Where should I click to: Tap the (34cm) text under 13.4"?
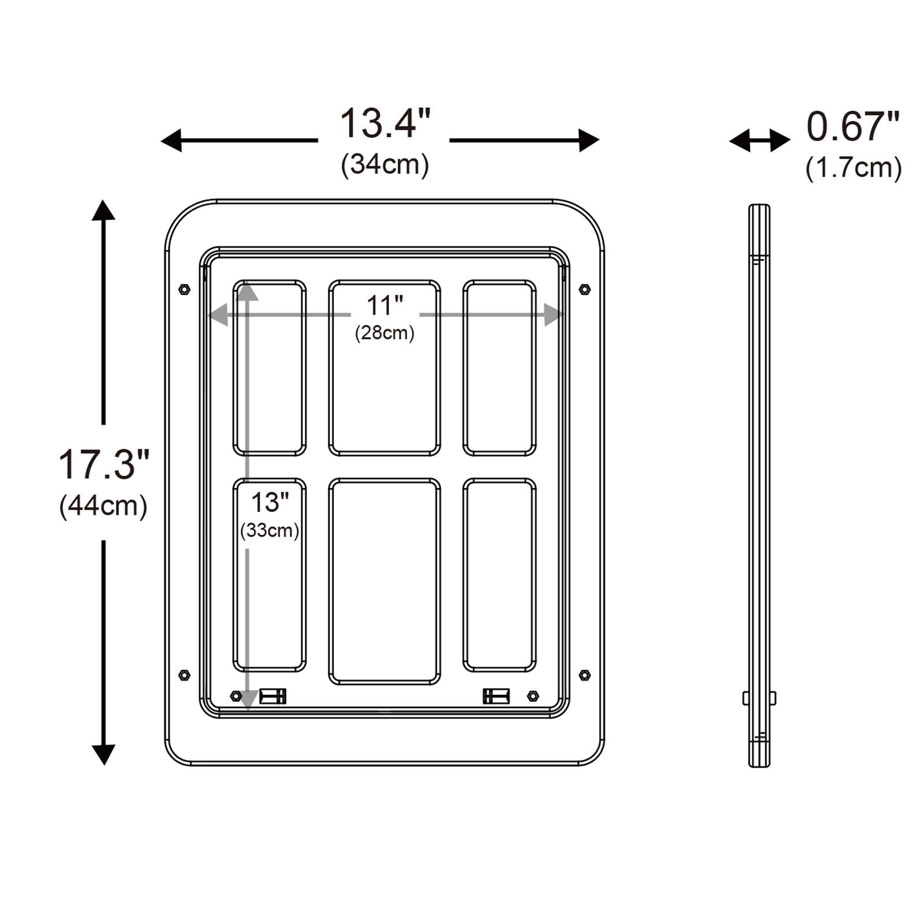point(385,164)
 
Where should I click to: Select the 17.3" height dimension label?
point(104,465)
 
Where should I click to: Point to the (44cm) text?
point(104,506)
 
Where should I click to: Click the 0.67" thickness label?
point(852,127)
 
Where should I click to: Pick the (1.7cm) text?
point(854,168)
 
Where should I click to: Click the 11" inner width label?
point(384,305)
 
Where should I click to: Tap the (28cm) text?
point(384,333)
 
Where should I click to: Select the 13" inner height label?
point(270,502)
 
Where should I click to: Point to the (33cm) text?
point(270,530)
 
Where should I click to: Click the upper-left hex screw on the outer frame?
point(184,289)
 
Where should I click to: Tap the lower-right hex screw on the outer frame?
point(584,675)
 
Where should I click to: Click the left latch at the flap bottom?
point(272,696)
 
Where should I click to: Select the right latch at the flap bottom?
point(496,696)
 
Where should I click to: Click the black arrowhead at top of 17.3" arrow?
point(104,210)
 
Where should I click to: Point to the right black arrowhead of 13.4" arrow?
point(589,140)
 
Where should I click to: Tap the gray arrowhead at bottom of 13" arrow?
point(248,701)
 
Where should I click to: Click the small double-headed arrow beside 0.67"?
point(760,140)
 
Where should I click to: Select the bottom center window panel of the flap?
point(384,581)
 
